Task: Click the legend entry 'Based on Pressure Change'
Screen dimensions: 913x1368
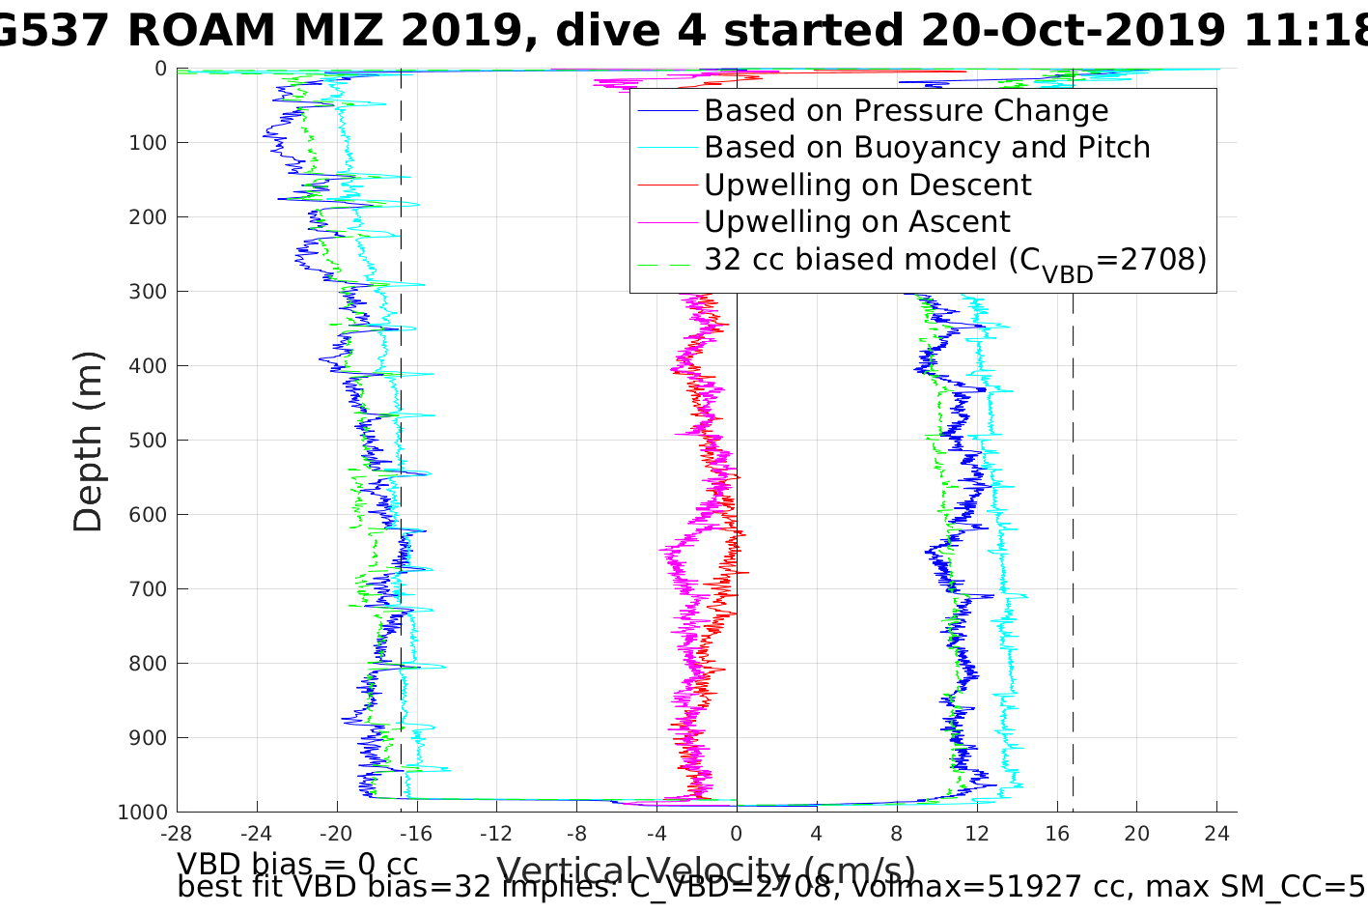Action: pos(906,111)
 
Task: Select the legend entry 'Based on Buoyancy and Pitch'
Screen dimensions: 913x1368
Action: pos(927,148)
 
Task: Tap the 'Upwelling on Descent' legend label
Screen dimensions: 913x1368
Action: pos(867,185)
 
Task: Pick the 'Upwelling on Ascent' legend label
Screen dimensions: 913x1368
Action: pos(856,222)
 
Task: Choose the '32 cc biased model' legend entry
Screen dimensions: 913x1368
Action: pos(955,260)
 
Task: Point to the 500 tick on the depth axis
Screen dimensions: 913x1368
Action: pos(148,441)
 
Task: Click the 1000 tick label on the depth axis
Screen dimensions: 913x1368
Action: pos(142,813)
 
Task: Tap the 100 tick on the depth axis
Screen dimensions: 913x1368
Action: pos(148,143)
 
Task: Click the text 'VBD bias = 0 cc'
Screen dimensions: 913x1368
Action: pos(297,864)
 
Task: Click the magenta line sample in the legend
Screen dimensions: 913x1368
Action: pos(666,222)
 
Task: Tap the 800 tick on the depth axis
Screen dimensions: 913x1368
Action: pos(148,664)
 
